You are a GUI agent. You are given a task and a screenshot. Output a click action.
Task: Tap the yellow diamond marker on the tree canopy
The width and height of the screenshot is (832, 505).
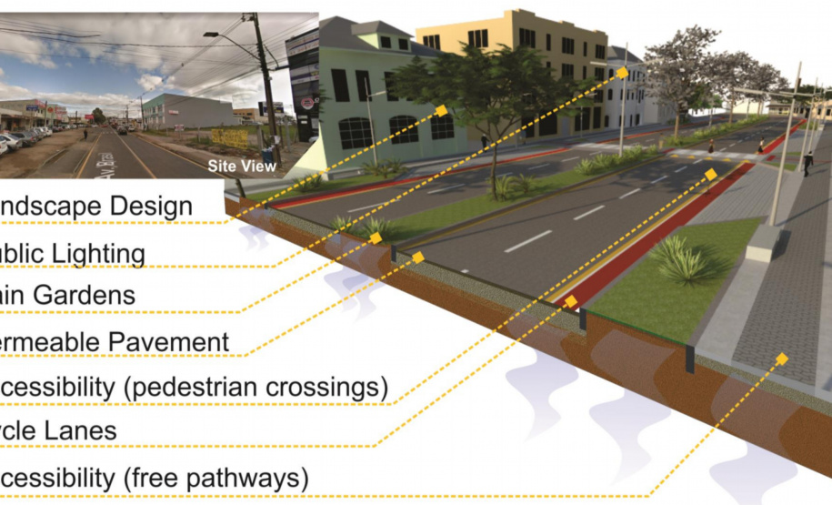pyautogui.click(x=441, y=110)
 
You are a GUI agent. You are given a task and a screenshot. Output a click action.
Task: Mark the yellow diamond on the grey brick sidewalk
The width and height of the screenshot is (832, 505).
pyautogui.click(x=780, y=358)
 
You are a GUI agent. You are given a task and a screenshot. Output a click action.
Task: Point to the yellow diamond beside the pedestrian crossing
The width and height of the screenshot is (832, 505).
pyautogui.click(x=710, y=172)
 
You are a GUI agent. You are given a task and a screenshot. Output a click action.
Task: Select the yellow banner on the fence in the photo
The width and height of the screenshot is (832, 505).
pyautogui.click(x=228, y=137)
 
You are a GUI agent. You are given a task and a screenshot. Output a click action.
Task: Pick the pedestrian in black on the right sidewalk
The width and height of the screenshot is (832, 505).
pyautogui.click(x=807, y=162)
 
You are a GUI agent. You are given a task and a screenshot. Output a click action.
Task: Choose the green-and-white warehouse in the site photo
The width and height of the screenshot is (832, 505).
pyautogui.click(x=187, y=110)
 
